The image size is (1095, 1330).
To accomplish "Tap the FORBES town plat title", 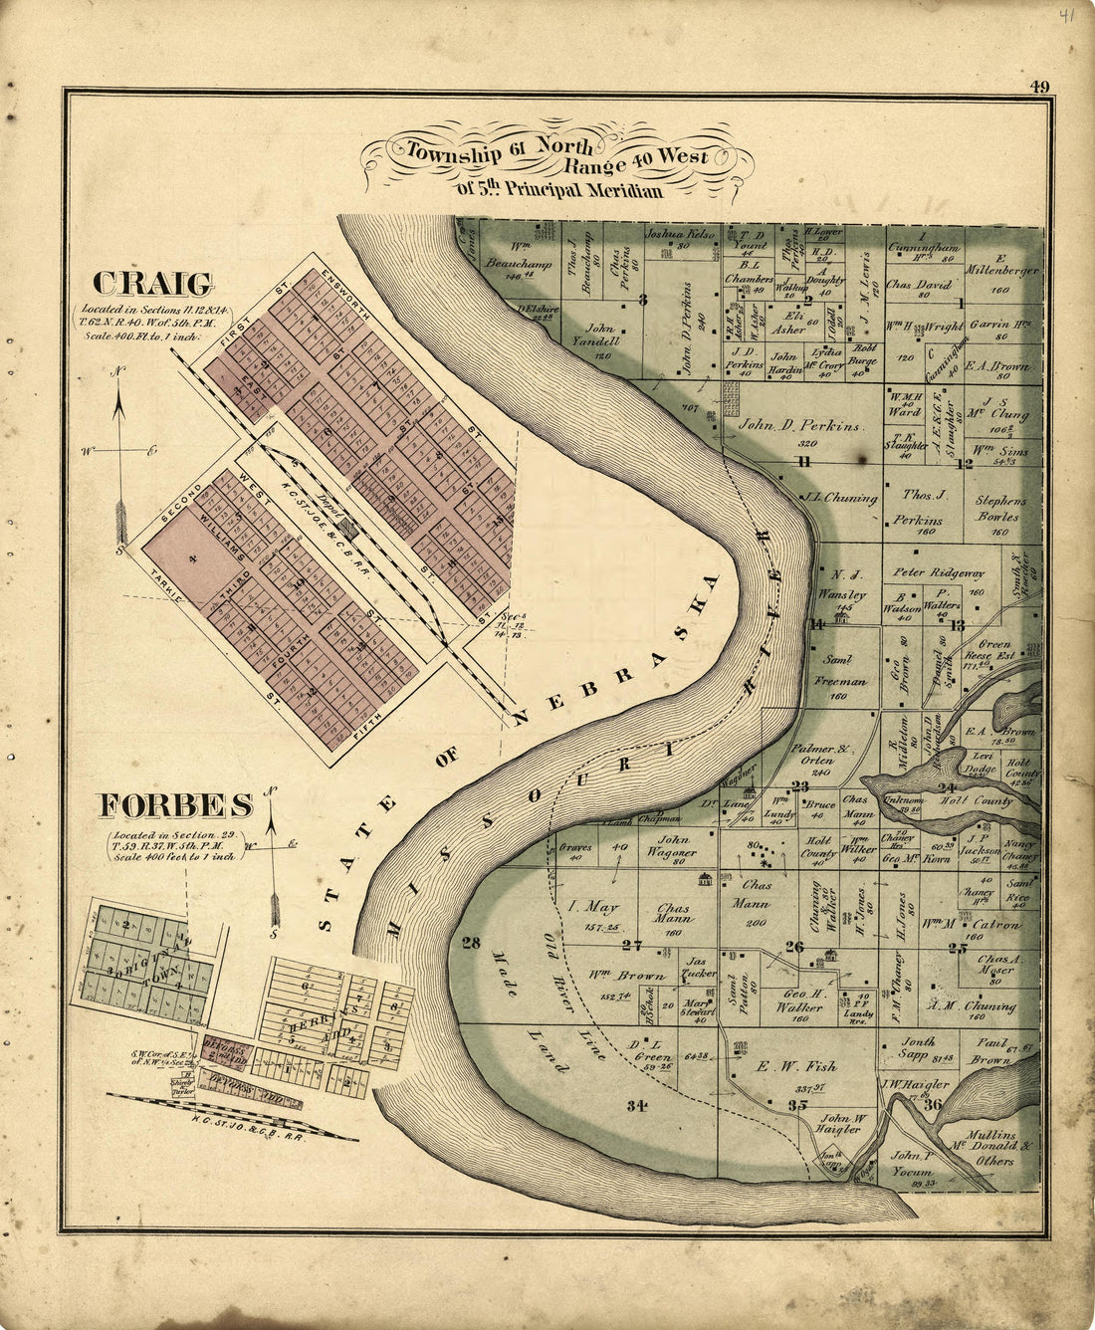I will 175,805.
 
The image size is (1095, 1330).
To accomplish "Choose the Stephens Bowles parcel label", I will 997,509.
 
